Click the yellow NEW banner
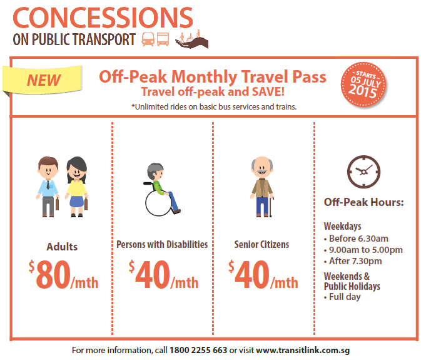point(43,80)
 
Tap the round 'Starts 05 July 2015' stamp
point(363,85)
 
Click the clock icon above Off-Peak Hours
point(363,172)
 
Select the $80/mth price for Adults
point(64,275)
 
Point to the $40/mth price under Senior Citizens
point(263,275)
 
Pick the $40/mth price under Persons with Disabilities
point(163,275)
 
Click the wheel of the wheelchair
point(158,203)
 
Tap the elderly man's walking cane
point(271,207)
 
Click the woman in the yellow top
point(77,187)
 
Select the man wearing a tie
point(48,187)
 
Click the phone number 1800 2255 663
point(198,350)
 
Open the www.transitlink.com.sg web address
point(303,350)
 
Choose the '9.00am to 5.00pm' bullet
point(363,250)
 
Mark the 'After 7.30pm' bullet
point(353,261)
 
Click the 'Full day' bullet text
point(342,297)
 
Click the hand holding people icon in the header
point(191,39)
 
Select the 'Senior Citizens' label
point(261,244)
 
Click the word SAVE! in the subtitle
point(268,91)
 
